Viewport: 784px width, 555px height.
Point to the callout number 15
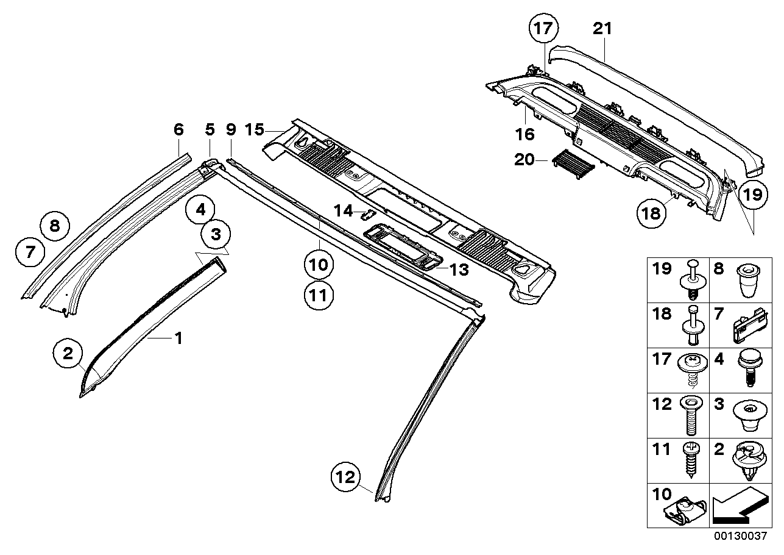pos(255,129)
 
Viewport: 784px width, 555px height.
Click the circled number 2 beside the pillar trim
pos(68,352)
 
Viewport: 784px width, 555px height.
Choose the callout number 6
pos(178,129)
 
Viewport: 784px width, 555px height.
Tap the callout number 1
pos(178,337)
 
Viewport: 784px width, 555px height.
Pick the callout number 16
pos(525,134)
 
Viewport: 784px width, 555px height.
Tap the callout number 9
pos(230,129)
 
